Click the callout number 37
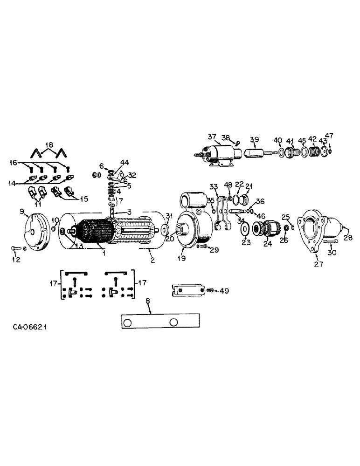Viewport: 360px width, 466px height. [x=212, y=137]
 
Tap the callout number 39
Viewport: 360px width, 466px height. [x=254, y=140]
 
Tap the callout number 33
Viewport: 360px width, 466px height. [x=213, y=187]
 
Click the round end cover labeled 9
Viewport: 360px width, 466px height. [x=35, y=232]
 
